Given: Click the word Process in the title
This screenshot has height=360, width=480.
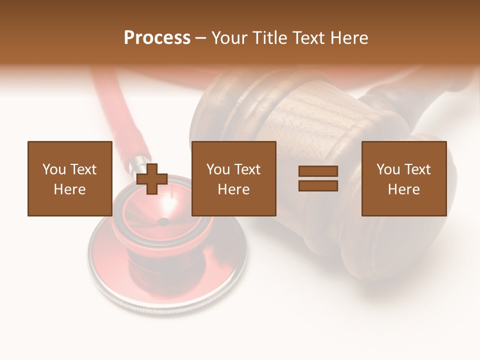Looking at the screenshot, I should (x=157, y=38).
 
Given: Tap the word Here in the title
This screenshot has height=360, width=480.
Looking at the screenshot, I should (x=347, y=38).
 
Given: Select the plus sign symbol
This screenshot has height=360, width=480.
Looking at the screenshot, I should (x=152, y=178).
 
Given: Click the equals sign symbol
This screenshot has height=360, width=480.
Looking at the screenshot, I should (x=318, y=178).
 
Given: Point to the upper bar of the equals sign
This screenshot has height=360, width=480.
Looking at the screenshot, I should (x=318, y=171).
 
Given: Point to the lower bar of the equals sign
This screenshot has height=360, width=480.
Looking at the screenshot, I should (x=318, y=185).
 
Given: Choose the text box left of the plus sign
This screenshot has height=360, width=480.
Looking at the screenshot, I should (x=69, y=178).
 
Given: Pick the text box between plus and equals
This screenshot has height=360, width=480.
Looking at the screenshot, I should (x=233, y=178).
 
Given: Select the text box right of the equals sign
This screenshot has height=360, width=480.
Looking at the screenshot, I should (x=403, y=178).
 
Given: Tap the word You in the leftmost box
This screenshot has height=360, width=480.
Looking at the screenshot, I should (x=54, y=169).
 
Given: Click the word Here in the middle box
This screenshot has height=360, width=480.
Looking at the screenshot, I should (x=233, y=189).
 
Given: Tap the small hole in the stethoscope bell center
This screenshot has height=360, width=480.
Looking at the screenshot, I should (x=163, y=221).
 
